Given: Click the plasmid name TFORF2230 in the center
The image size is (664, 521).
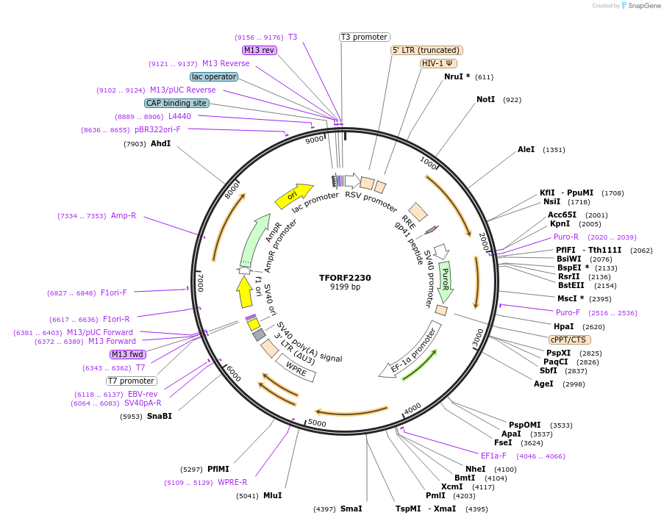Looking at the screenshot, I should tap(345, 278).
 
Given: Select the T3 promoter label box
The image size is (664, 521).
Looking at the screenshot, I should tap(364, 37).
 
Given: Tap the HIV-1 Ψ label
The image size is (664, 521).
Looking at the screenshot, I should tap(438, 63).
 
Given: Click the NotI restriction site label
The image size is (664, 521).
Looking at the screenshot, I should tap(486, 99).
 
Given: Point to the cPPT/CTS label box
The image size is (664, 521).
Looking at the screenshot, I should tap(568, 339).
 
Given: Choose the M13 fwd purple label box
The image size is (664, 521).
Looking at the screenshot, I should tap(127, 354).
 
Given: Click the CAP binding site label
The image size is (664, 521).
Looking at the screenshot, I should tap(176, 104).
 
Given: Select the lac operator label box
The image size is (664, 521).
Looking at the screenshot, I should tap(213, 76).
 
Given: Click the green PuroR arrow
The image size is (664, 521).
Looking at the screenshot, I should tap(445, 281).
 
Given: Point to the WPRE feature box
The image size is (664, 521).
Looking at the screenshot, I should tap(296, 367).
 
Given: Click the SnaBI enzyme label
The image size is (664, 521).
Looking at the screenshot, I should tap(160, 416).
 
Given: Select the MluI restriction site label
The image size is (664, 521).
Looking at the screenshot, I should tap(272, 495).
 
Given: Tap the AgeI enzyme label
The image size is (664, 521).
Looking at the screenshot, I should tap(543, 384).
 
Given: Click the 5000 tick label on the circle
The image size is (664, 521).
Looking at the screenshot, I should tap(317, 423).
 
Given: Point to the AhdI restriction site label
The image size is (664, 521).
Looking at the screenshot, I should tap(160, 144).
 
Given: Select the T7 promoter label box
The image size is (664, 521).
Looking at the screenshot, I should tap(132, 381).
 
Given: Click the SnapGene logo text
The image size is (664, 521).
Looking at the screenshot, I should tap(641, 6).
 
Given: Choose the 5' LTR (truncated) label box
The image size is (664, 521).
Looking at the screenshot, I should tap(426, 50).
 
